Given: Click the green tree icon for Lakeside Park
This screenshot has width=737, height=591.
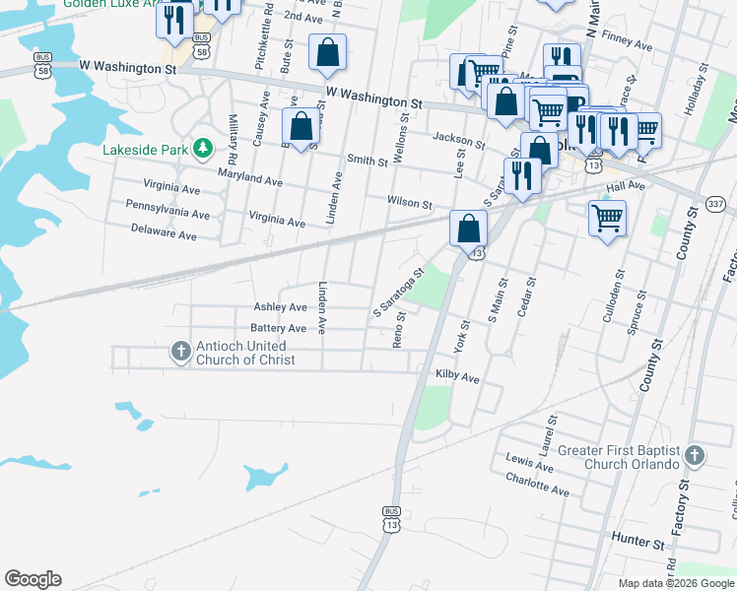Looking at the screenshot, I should [x=203, y=148].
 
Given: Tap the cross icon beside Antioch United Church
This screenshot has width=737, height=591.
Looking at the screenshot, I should [x=180, y=352].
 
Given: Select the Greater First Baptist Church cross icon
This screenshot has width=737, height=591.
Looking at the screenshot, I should [x=695, y=455].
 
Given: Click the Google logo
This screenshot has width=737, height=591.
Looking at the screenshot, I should [x=33, y=579].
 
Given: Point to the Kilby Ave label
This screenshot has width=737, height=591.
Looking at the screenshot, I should [x=457, y=376].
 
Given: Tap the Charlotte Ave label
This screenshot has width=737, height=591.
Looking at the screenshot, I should [x=536, y=490].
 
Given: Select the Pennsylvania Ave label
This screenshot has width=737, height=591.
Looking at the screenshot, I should [x=167, y=214].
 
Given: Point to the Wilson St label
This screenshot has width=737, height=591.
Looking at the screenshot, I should [x=410, y=203].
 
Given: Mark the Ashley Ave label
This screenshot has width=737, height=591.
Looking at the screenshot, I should [x=280, y=307].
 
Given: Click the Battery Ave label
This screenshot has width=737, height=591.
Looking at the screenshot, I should [x=279, y=328].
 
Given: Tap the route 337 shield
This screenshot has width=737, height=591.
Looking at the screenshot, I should [x=715, y=204].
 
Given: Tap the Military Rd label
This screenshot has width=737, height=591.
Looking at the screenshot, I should [x=234, y=138].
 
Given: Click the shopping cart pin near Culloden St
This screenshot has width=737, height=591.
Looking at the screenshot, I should [x=607, y=218].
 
